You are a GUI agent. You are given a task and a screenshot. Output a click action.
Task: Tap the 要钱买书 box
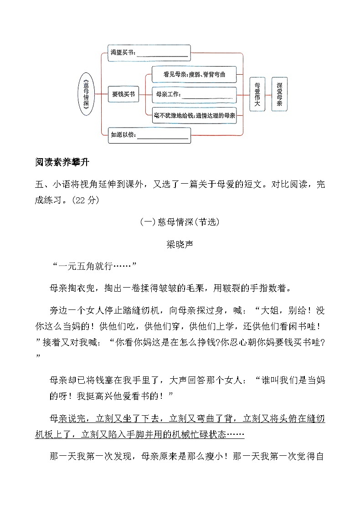[123, 94]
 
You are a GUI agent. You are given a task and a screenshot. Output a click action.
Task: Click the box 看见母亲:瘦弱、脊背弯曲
[194, 74]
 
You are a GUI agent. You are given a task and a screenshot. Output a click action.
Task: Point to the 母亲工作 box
[194, 95]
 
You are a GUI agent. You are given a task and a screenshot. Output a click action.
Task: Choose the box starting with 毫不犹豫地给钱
[194, 116]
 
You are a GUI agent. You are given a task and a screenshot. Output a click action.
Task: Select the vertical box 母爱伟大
[257, 94]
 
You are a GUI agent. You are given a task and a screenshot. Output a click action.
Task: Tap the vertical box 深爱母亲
[279, 94]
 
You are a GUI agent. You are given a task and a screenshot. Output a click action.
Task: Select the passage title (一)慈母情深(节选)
[180, 222]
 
